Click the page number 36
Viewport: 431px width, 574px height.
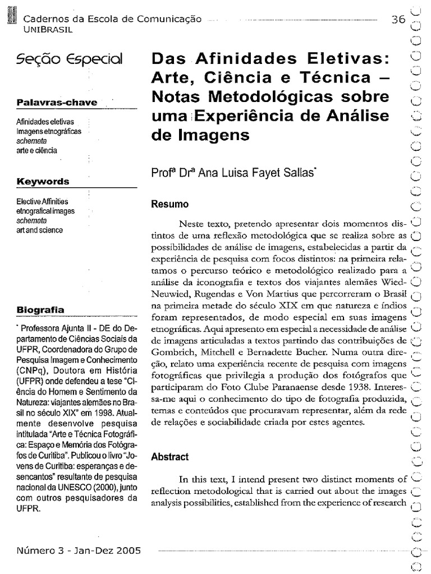[x=398, y=19]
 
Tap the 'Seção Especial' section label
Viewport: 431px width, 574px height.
[x=70, y=59]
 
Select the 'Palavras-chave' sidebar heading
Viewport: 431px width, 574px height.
[x=56, y=103]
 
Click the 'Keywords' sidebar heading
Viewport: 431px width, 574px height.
[x=43, y=182]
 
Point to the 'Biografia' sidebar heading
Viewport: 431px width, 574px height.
[x=40, y=309]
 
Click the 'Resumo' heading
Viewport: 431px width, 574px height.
[x=169, y=204]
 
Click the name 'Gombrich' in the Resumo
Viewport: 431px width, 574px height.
[x=170, y=353]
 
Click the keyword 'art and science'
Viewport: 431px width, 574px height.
[x=40, y=230]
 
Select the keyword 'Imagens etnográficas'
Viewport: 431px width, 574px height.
[x=49, y=131]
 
